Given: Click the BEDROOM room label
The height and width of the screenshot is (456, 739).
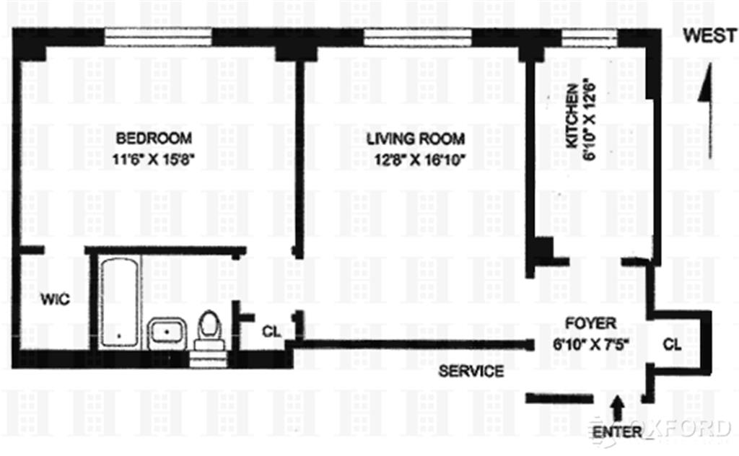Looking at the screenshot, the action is click(154, 139).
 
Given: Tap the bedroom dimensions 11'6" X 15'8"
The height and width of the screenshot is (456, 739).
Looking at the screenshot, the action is click(154, 159).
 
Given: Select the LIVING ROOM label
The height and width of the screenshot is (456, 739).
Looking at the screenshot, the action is click(416, 139).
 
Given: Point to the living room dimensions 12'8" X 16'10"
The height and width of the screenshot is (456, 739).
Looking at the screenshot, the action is click(420, 159).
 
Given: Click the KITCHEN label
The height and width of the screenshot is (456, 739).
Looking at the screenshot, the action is click(572, 116).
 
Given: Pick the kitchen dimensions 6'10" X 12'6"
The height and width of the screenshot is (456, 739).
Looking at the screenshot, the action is click(590, 121).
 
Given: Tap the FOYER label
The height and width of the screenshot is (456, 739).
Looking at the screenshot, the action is click(590, 324).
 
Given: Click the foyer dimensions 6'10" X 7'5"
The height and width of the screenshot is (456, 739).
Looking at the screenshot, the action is click(592, 344).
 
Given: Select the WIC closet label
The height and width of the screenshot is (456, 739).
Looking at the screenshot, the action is click(55, 299).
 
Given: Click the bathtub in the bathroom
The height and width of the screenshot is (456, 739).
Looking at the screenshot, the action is click(119, 302).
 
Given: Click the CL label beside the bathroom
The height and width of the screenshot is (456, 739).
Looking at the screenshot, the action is click(271, 332).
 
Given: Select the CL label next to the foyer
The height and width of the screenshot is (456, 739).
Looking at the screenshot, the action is click(672, 345).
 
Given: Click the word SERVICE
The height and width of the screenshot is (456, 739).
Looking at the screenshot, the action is click(471, 371).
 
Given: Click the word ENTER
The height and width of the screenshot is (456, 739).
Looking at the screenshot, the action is click(618, 432).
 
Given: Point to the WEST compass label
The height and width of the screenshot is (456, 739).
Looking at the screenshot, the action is click(710, 35).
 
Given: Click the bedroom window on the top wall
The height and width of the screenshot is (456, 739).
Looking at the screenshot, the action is click(158, 38).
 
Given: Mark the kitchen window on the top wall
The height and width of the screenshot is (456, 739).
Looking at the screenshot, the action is click(590, 38).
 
